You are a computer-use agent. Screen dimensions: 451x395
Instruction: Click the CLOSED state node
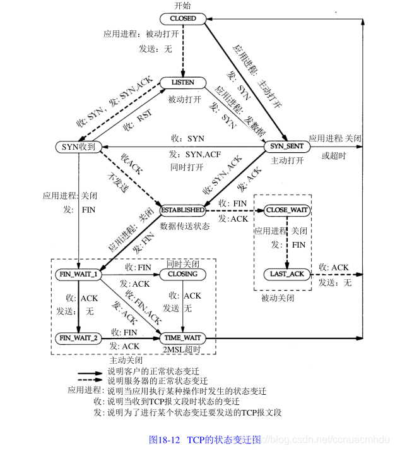pyautogui.click(x=183, y=19)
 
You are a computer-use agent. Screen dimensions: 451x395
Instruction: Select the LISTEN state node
pyautogui.click(x=183, y=83)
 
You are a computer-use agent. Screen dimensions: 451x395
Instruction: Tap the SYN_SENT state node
pyautogui.click(x=286, y=147)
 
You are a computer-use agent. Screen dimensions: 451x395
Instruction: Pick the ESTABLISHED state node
pyautogui.click(x=182, y=209)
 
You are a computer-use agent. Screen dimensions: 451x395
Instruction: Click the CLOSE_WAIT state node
pyautogui.click(x=288, y=209)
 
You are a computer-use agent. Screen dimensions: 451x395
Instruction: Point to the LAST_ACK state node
pyautogui.click(x=288, y=274)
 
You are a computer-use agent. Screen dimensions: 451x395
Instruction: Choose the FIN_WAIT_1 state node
pyautogui.click(x=78, y=274)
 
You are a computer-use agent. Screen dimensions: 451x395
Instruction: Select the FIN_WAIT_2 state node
pyautogui.click(x=78, y=337)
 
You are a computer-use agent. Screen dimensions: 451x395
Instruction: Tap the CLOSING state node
pyautogui.click(x=182, y=274)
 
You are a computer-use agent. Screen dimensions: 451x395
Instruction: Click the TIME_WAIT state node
pyautogui.click(x=182, y=337)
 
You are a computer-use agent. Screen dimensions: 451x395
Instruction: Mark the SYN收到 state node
pyautogui.click(x=78, y=147)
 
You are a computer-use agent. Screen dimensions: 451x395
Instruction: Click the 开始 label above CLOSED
pyautogui.click(x=182, y=6)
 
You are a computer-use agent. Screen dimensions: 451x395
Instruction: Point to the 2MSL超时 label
pyautogui.click(x=182, y=349)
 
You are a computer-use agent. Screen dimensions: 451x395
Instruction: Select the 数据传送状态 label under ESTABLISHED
pyautogui.click(x=184, y=224)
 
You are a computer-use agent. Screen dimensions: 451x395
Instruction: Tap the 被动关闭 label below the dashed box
pyautogui.click(x=277, y=297)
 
